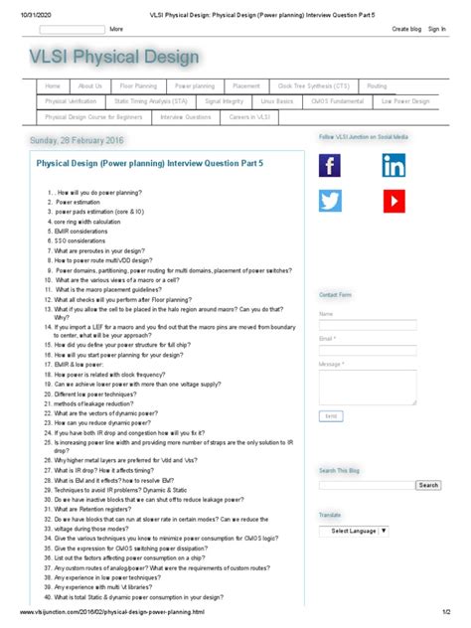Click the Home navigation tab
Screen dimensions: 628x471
(53, 86)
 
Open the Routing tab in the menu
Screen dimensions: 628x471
(377, 86)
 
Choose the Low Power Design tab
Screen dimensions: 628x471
(405, 101)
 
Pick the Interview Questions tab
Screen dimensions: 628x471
(186, 116)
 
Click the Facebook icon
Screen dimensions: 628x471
(330, 166)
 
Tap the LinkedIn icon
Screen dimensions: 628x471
(392, 166)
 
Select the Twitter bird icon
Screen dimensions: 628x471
(330, 201)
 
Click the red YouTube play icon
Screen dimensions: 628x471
(392, 201)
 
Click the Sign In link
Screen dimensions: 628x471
(436, 30)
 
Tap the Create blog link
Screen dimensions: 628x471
(406, 30)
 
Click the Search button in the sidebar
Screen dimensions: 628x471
(428, 485)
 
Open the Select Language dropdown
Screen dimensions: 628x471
(355, 531)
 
